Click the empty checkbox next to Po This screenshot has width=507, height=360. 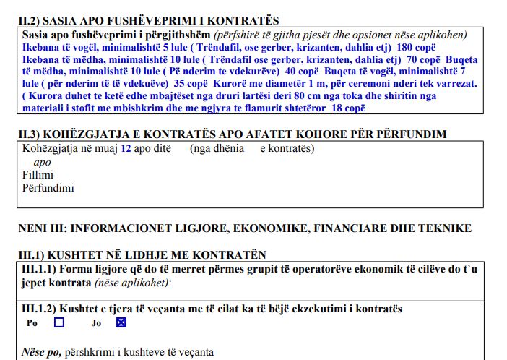pyautogui.click(x=59, y=323)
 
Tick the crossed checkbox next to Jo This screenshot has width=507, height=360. pyautogui.click(x=121, y=323)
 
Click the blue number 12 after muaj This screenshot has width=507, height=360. pyautogui.click(x=126, y=149)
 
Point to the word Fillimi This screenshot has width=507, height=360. pyautogui.click(x=38, y=174)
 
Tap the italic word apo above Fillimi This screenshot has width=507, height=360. pyautogui.click(x=43, y=162)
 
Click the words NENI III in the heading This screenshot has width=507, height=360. pyautogui.click(x=43, y=228)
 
